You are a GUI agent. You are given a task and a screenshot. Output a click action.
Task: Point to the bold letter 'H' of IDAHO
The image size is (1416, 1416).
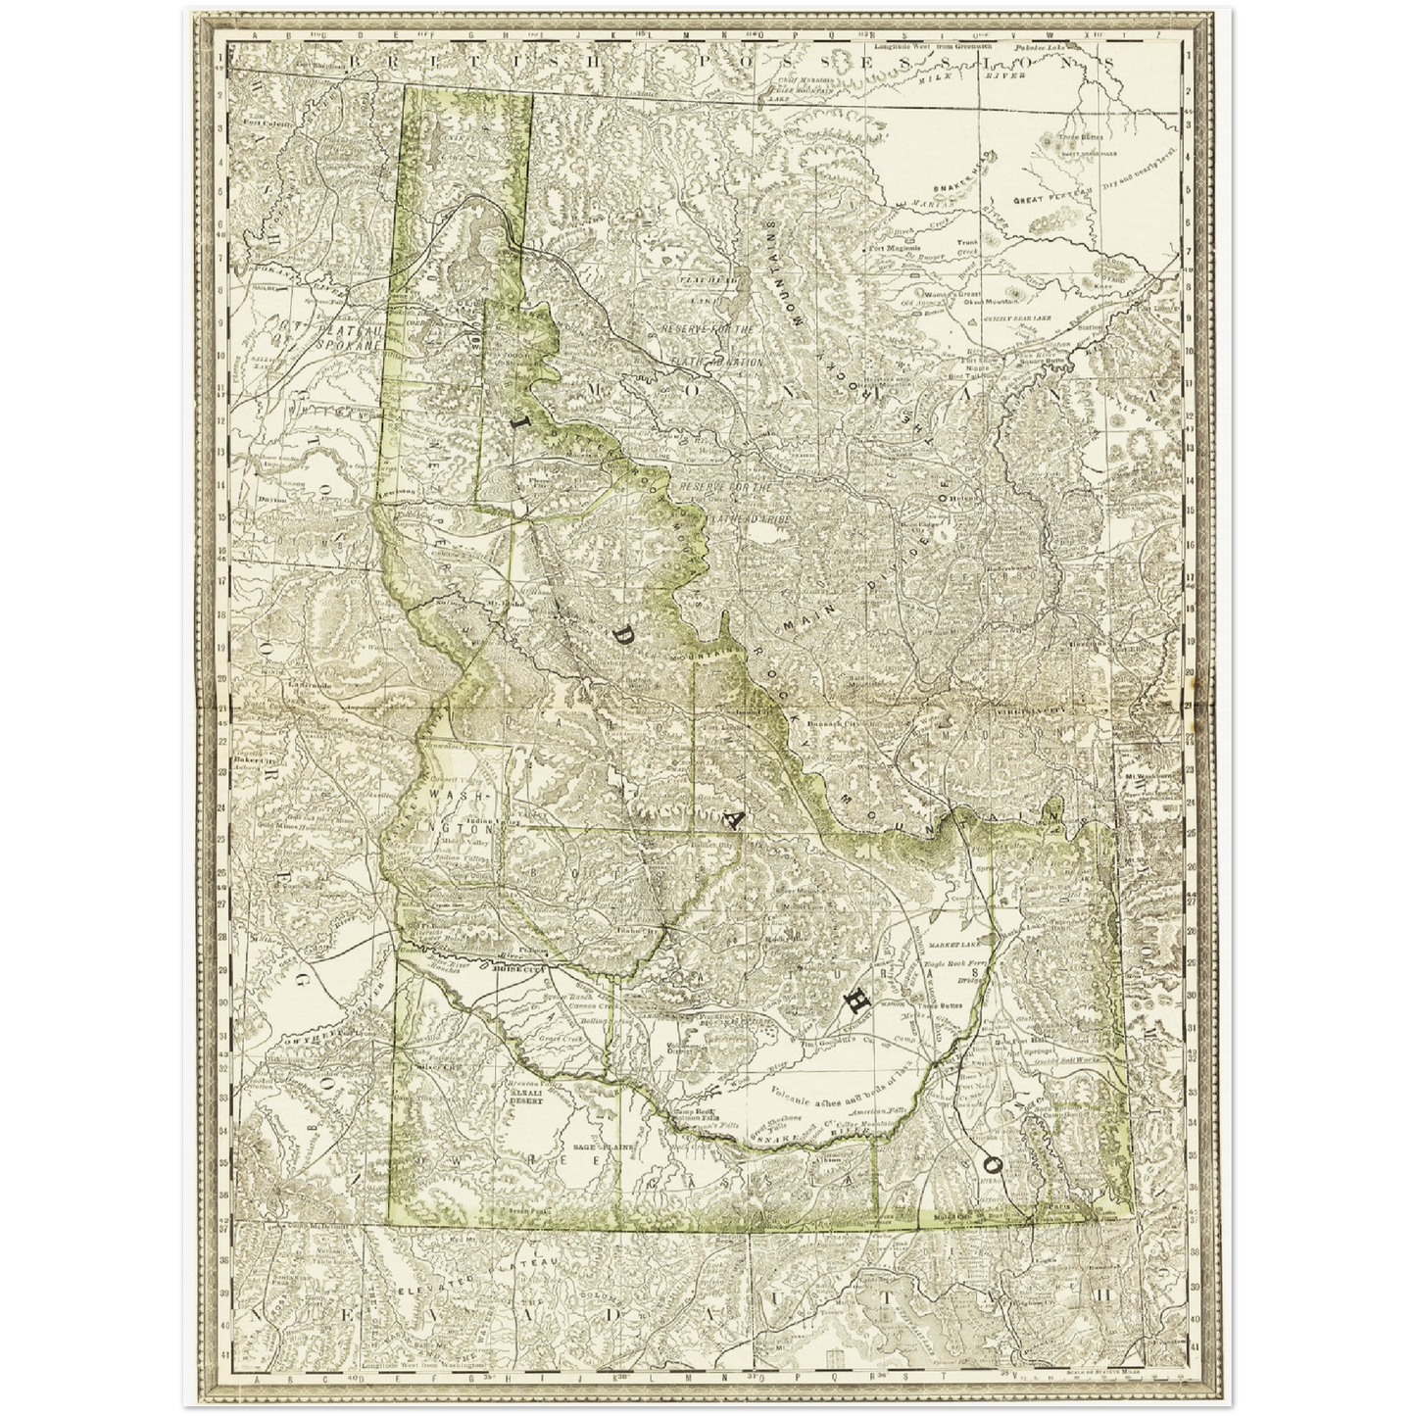tap(855, 1001)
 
